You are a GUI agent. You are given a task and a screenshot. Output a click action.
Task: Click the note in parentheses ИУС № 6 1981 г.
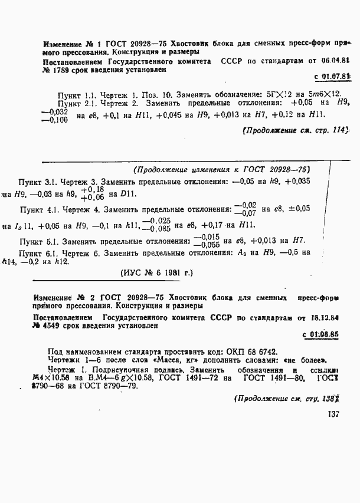[156, 273]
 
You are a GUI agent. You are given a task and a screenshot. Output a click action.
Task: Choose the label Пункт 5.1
[37, 241]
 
